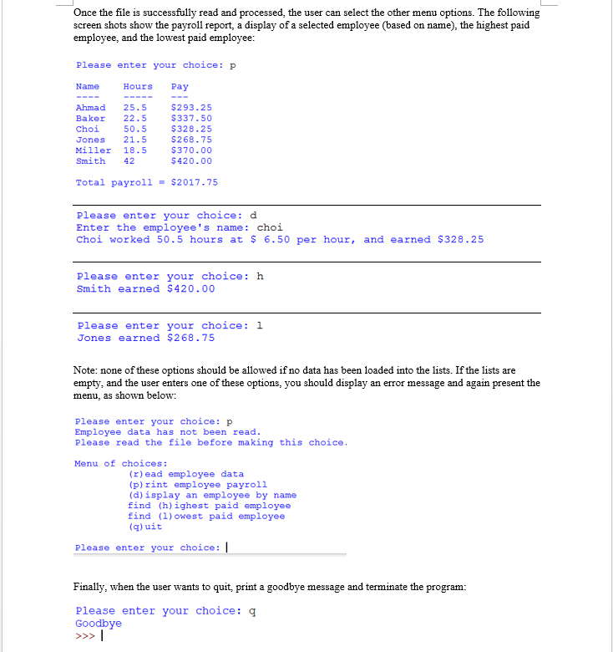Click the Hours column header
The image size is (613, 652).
pos(138,87)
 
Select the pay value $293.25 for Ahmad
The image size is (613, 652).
pos(191,108)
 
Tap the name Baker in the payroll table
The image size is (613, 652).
pos(90,119)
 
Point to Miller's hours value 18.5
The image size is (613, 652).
pos(135,150)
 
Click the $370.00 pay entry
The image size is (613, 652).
pos(191,150)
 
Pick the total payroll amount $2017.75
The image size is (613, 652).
pos(194,182)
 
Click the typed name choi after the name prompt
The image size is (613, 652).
pos(270,227)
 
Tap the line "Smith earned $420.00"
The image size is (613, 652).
pos(145,289)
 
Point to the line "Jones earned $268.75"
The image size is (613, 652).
pos(145,339)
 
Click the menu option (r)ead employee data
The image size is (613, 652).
pos(185,474)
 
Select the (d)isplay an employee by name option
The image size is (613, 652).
pos(212,495)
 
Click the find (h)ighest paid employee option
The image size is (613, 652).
pos(209,506)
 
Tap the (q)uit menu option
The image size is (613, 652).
pos(145,527)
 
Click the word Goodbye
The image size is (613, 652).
pos(99,624)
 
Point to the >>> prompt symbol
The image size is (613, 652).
pos(84,635)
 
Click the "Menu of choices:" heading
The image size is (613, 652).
pos(121,464)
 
